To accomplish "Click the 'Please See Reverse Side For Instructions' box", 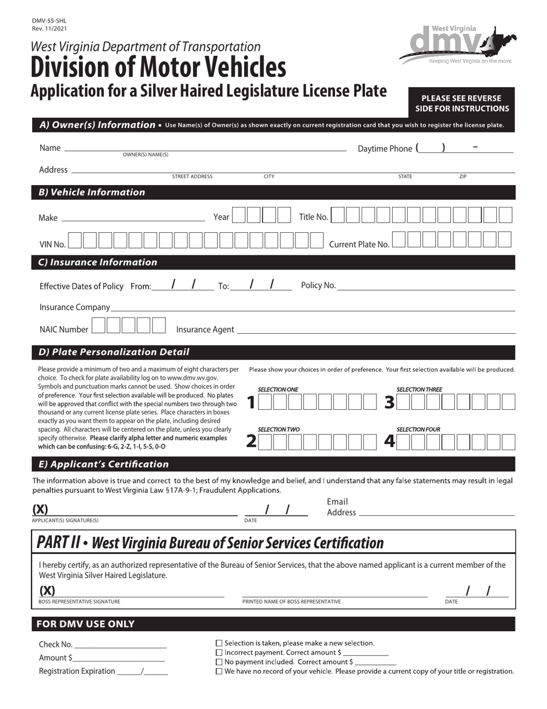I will click(x=462, y=103).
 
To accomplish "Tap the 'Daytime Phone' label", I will click(x=385, y=149).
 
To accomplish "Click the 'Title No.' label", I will click(x=313, y=217).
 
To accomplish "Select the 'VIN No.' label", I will click(x=52, y=244).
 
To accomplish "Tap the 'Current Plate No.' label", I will click(x=359, y=244).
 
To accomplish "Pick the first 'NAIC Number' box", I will click(x=99, y=326).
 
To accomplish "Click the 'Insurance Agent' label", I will click(x=205, y=330).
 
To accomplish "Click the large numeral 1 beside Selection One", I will click(x=251, y=402).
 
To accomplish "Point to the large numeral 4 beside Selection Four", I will click(x=390, y=442).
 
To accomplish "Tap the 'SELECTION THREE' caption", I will click(x=419, y=390).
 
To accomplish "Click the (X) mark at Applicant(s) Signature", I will click(x=40, y=509).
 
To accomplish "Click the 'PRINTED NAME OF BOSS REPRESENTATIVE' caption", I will click(x=291, y=602).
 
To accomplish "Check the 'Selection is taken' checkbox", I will click(x=219, y=643).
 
